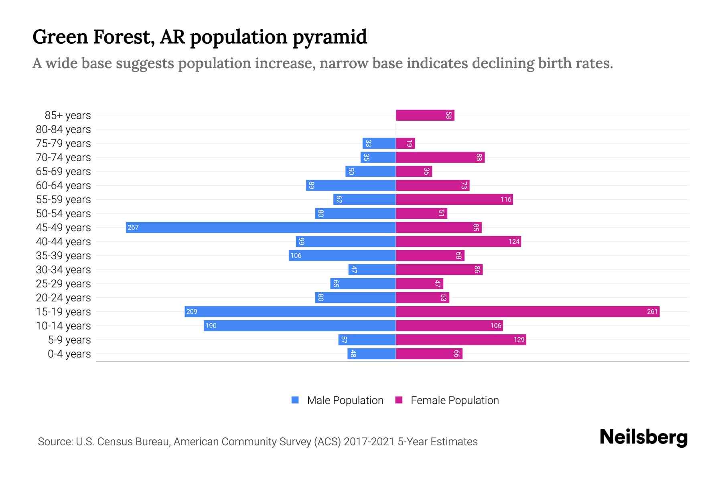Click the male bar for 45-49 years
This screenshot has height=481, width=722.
click(261, 228)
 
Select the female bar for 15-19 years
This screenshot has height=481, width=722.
click(527, 312)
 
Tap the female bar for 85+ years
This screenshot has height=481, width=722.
click(425, 115)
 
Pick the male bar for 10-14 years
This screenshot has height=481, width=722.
click(300, 326)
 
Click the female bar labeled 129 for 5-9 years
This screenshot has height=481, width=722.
click(460, 340)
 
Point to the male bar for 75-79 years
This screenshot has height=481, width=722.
click(379, 143)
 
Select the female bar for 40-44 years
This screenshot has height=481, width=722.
click(458, 242)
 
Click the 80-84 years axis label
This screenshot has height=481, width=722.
click(63, 129)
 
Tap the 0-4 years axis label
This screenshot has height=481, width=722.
click(69, 354)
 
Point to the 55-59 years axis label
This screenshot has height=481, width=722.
click(63, 200)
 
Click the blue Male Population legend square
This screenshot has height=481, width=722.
click(295, 400)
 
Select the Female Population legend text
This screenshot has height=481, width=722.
click(454, 400)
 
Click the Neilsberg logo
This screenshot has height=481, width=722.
click(643, 437)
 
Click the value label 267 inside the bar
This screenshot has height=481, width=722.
click(133, 228)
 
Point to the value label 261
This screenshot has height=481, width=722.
click(652, 312)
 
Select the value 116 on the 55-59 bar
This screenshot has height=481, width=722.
click(506, 200)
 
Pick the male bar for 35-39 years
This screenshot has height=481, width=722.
click(342, 256)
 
